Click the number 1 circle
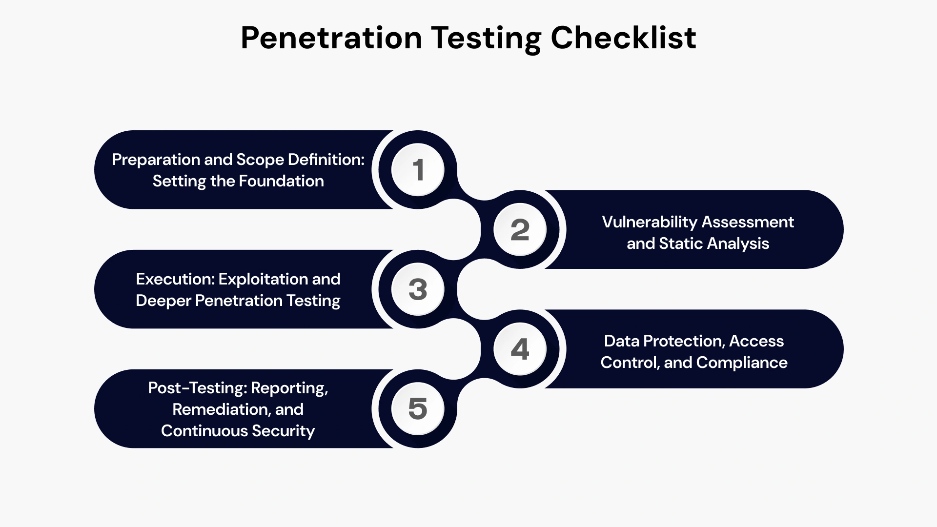point(418,170)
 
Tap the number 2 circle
point(520,229)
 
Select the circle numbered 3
point(418,289)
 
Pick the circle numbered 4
point(520,349)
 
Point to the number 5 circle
point(418,408)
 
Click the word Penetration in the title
point(331,38)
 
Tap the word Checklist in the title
point(623,38)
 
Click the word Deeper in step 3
point(163,301)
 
